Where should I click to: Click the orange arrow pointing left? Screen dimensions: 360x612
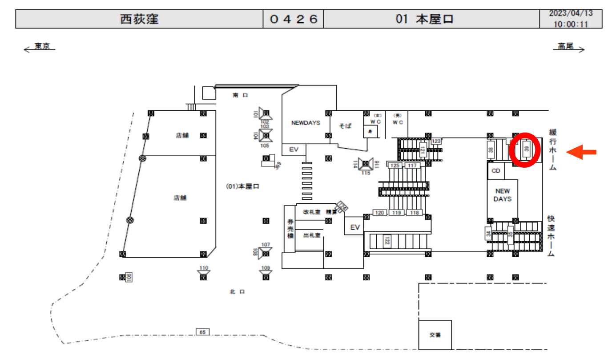pyautogui.click(x=583, y=153)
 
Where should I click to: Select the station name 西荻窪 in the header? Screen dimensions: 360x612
pyautogui.click(x=139, y=19)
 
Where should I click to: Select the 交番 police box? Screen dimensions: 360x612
pyautogui.click(x=435, y=335)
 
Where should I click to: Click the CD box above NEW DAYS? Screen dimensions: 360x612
pyautogui.click(x=496, y=171)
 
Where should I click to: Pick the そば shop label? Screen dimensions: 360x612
pyautogui.click(x=345, y=126)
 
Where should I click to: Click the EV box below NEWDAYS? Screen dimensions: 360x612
pyautogui.click(x=294, y=150)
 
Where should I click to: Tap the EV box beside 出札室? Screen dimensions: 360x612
pyautogui.click(x=354, y=227)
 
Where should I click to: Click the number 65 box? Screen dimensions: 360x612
pyautogui.click(x=202, y=332)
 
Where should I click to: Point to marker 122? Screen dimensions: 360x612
pyautogui.click(x=387, y=241)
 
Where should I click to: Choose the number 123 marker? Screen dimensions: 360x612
pyautogui.click(x=436, y=141)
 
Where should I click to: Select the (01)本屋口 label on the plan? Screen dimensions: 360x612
pyautogui.click(x=242, y=187)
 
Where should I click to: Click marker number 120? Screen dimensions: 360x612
pyautogui.click(x=380, y=213)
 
